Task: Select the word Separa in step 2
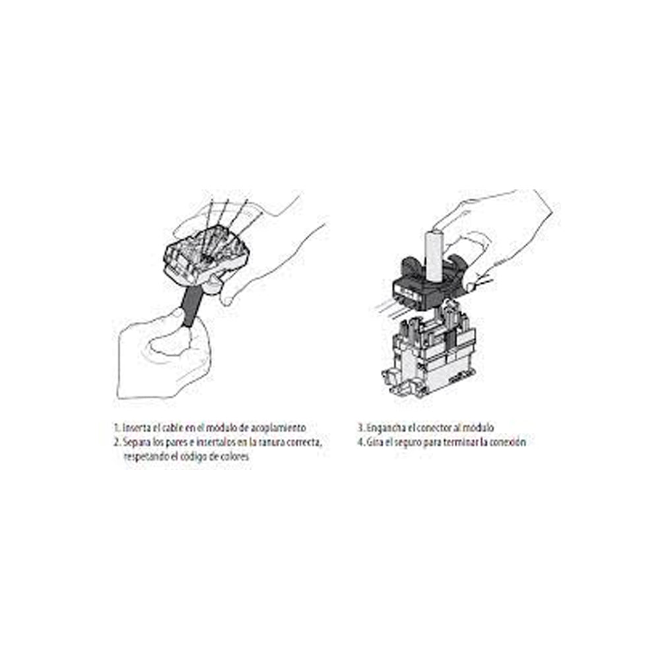point(137,442)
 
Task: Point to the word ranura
point(265,442)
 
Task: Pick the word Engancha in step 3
point(386,428)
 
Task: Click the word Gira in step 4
point(376,442)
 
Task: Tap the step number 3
point(360,428)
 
